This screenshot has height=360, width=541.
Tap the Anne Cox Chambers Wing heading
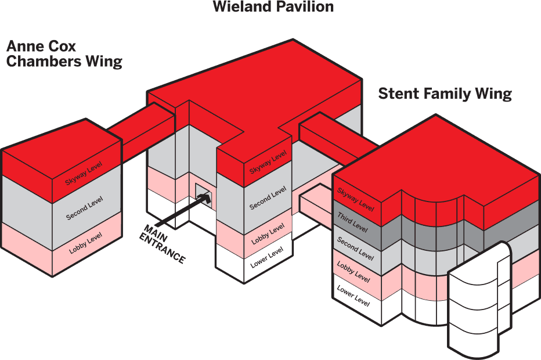pos(64,53)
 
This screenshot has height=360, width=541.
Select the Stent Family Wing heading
pos(445,93)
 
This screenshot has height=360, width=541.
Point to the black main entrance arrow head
pos(204,199)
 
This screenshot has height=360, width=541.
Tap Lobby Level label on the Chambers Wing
pos(85,243)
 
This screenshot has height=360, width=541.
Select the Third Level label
pos(352,222)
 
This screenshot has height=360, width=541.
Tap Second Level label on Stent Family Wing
pos(355,247)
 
